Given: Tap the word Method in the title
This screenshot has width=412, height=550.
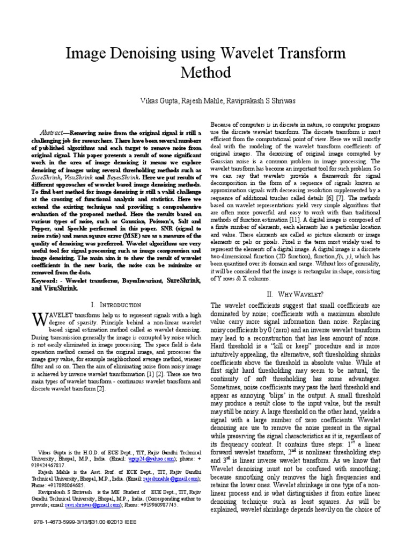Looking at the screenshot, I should click(x=206, y=73).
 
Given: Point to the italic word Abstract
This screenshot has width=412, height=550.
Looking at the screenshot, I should click(x=54, y=133).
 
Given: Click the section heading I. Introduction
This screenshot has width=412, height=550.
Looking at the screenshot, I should click(x=116, y=305).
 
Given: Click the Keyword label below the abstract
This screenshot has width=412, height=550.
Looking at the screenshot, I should click(x=45, y=281).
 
